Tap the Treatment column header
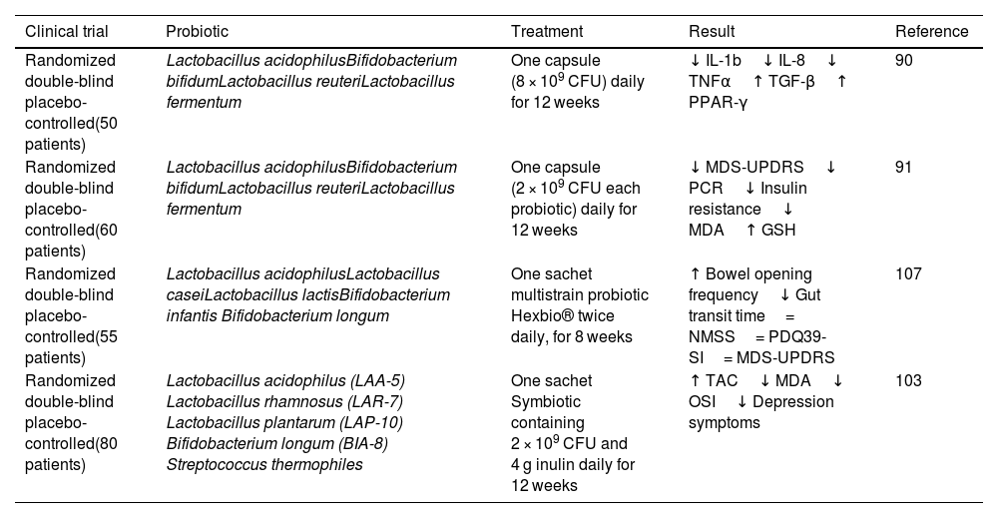click(547, 32)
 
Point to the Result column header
click(711, 32)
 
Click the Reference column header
click(931, 32)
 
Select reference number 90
click(904, 60)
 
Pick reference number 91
click(904, 167)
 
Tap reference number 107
click(908, 273)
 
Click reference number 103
click(908, 380)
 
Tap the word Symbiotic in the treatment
click(546, 401)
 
